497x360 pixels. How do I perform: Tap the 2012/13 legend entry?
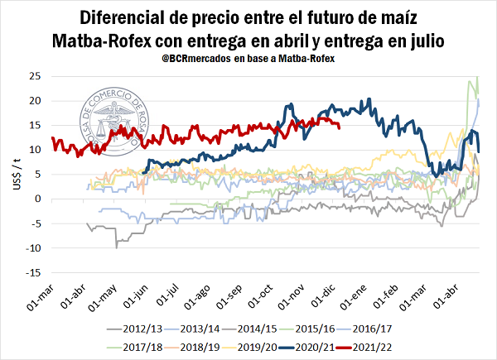click(142, 329)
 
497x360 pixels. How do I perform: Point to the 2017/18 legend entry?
click(142, 347)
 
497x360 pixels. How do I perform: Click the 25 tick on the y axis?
click(36, 76)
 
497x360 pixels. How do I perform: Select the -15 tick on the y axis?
click(34, 272)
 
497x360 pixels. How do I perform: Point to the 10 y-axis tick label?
click(36, 150)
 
